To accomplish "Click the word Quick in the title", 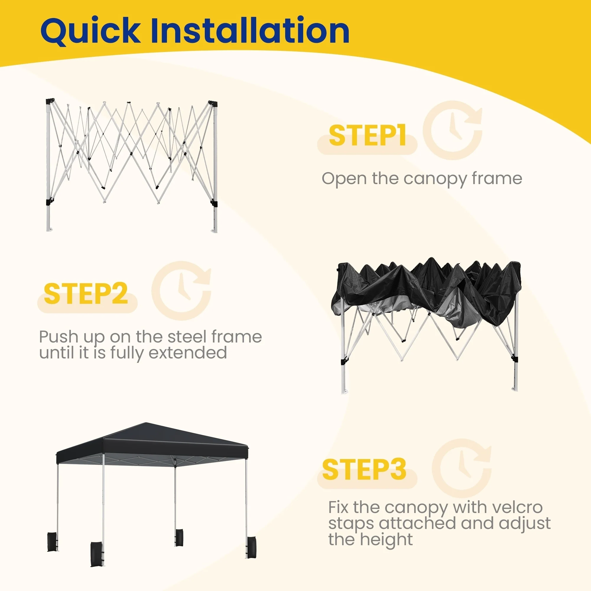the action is (90, 31).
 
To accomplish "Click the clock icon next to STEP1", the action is (453, 130).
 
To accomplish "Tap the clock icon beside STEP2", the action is (181, 290).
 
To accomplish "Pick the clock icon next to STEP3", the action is (462, 468).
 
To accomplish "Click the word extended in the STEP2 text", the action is (188, 353).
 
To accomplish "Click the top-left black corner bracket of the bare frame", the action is (50, 101).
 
